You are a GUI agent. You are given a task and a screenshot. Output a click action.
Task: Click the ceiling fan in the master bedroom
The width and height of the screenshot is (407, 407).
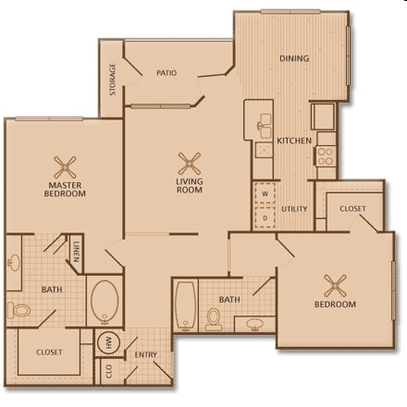pyautogui.click(x=66, y=166)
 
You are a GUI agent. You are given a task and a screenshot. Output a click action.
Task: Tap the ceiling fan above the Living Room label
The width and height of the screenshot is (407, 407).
pyautogui.click(x=190, y=162)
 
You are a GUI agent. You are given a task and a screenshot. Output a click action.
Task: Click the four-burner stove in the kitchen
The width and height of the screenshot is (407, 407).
pyautogui.click(x=325, y=154)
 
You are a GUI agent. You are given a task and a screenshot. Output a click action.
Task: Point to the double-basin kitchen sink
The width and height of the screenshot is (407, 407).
pyautogui.click(x=263, y=123)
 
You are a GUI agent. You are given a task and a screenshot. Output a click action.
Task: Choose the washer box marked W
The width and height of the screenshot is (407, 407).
pyautogui.click(x=265, y=194)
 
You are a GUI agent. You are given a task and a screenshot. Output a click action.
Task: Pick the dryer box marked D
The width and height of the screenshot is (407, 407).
pyautogui.click(x=265, y=217)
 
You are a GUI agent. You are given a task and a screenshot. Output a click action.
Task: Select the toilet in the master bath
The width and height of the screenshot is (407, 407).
pyautogui.click(x=17, y=309)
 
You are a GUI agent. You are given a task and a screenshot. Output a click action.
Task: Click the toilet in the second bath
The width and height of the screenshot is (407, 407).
pyautogui.click(x=214, y=318)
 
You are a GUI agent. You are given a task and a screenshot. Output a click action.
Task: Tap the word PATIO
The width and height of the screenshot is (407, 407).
pyautogui.click(x=166, y=72)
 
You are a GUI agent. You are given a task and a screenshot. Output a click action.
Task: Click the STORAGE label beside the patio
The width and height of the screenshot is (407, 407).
pyautogui.click(x=113, y=79)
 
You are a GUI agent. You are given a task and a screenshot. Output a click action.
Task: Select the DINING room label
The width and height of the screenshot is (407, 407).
pyautogui.click(x=293, y=58)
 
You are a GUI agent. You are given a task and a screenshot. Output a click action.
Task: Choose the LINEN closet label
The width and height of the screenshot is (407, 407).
pyautogui.click(x=76, y=251)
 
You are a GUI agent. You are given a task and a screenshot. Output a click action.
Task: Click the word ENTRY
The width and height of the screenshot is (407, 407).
pyautogui.click(x=146, y=354)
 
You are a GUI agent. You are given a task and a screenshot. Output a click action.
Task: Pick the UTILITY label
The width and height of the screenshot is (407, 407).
pyautogui.click(x=295, y=209)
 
